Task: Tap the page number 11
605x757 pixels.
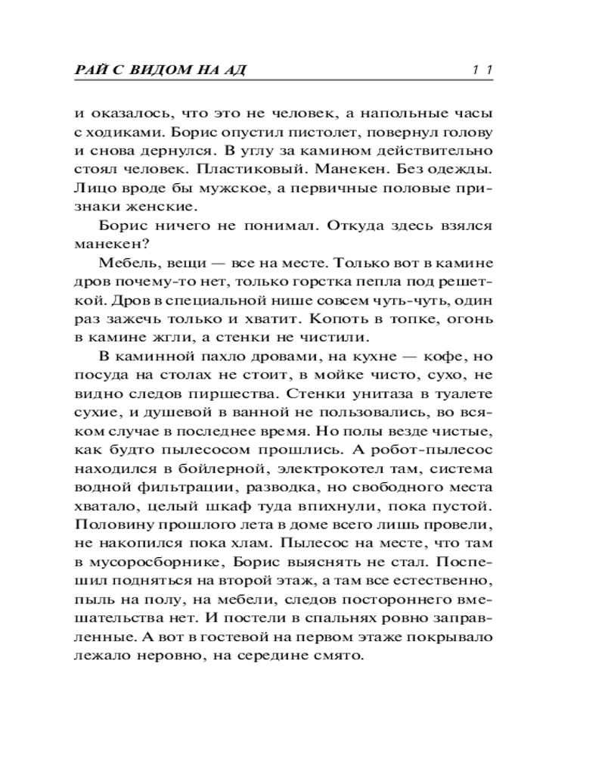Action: click(480, 71)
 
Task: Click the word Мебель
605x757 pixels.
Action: click(124, 263)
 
